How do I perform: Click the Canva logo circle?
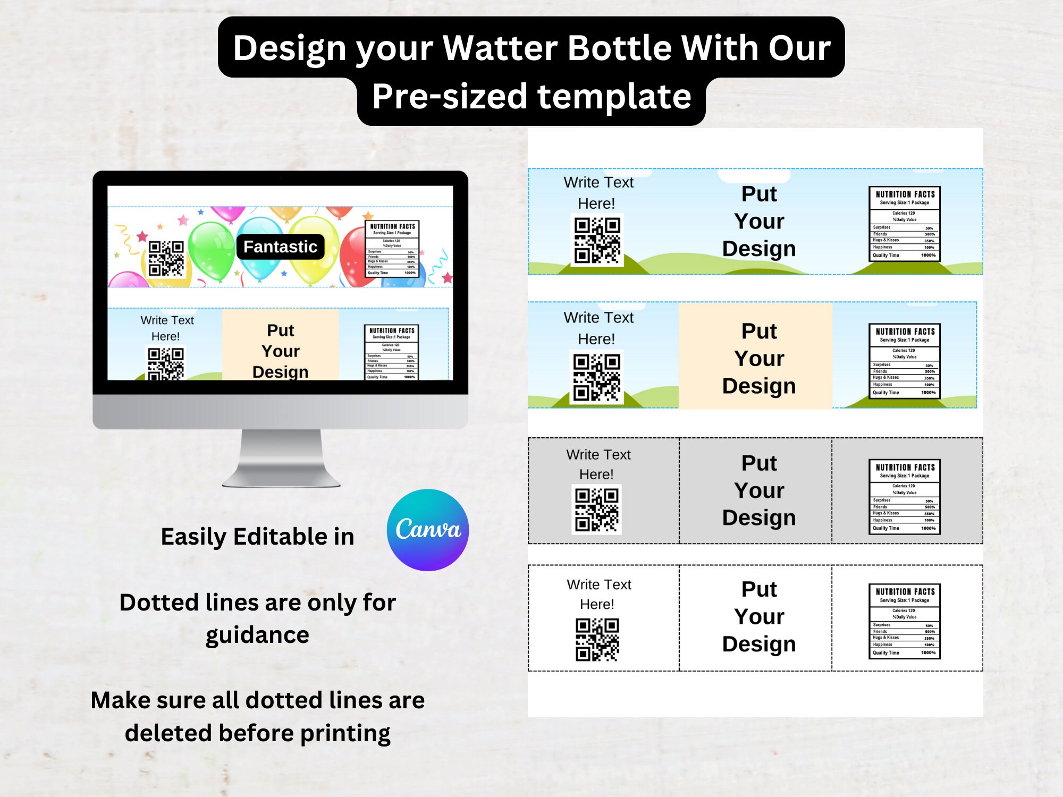click(x=428, y=530)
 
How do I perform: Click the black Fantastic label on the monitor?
click(x=280, y=247)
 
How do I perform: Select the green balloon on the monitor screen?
click(x=212, y=250)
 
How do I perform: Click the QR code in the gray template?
click(x=597, y=509)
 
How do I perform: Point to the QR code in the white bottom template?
click(x=597, y=639)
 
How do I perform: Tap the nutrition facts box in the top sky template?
click(x=904, y=224)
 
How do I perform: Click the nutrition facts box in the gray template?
click(x=904, y=496)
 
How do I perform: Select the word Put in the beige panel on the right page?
click(x=759, y=331)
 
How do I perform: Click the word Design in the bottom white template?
click(x=759, y=644)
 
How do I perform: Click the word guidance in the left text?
click(x=257, y=635)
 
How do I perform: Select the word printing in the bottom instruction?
click(x=345, y=733)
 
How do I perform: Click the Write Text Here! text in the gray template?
click(x=598, y=464)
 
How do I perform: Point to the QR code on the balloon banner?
click(x=166, y=258)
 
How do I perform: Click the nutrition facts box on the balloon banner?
click(x=392, y=249)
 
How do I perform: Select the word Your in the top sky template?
click(x=759, y=221)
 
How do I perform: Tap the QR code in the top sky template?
click(x=597, y=240)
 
